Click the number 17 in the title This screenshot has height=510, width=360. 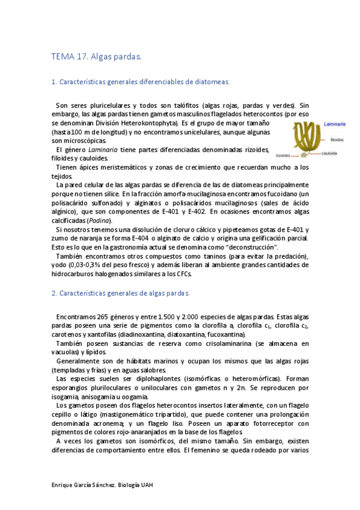(x=82, y=57)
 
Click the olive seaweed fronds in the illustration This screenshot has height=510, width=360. (x=304, y=135)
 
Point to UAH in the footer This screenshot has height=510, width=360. (x=154, y=485)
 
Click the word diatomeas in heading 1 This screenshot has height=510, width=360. (x=212, y=81)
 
